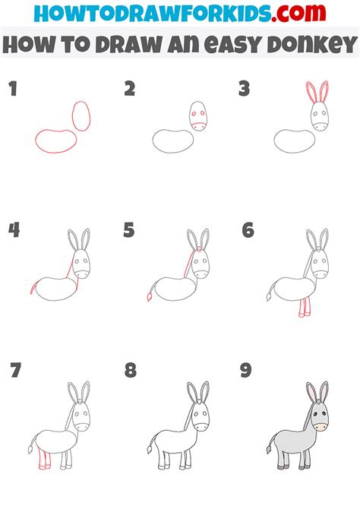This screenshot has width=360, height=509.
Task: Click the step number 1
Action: [x=12, y=89]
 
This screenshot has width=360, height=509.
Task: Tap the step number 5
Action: [x=130, y=230]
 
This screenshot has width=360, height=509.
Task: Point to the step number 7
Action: [x=14, y=371]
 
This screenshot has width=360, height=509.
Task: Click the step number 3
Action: [x=244, y=89]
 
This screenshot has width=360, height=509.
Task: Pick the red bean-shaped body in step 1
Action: [x=55, y=140]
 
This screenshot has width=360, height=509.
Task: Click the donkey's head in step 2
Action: [x=197, y=117]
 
